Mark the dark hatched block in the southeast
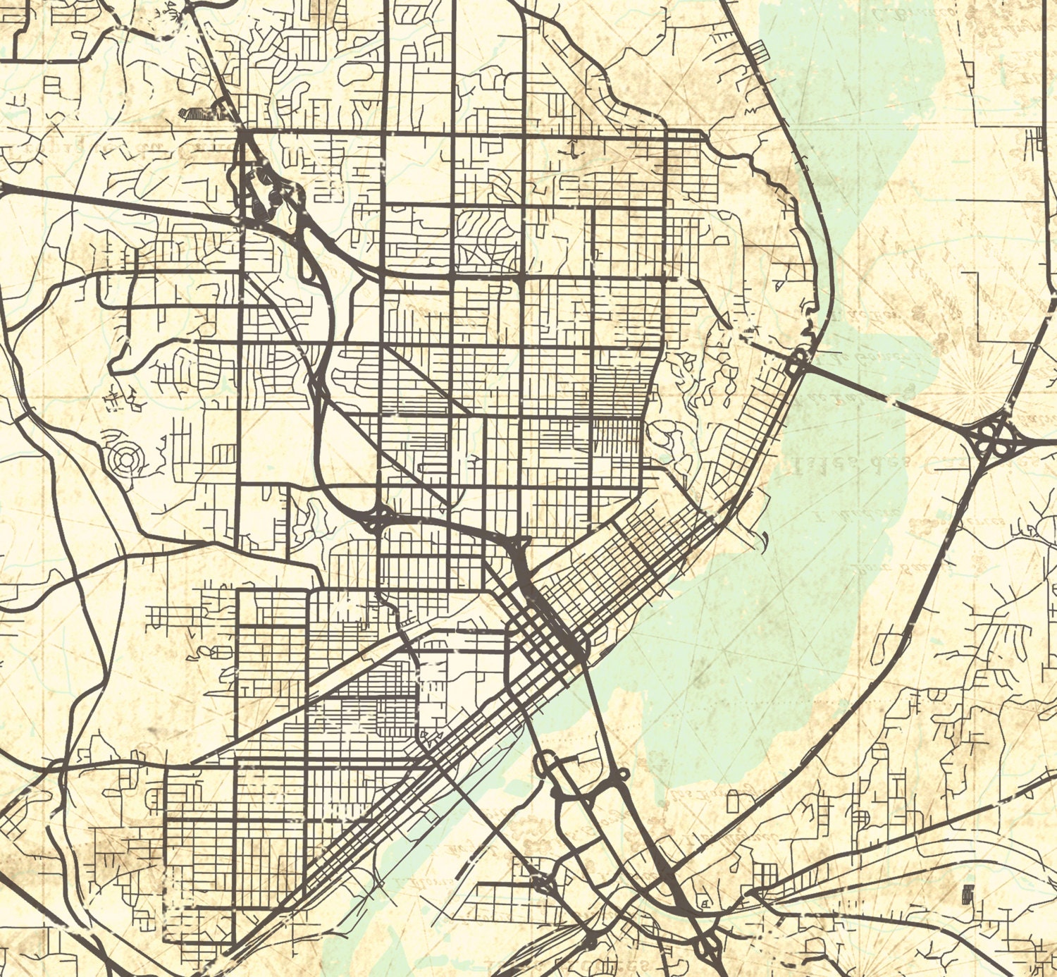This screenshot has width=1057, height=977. click(968, 894)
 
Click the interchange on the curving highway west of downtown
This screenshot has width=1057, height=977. click(374, 518)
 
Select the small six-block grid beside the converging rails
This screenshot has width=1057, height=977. click(765, 878)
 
